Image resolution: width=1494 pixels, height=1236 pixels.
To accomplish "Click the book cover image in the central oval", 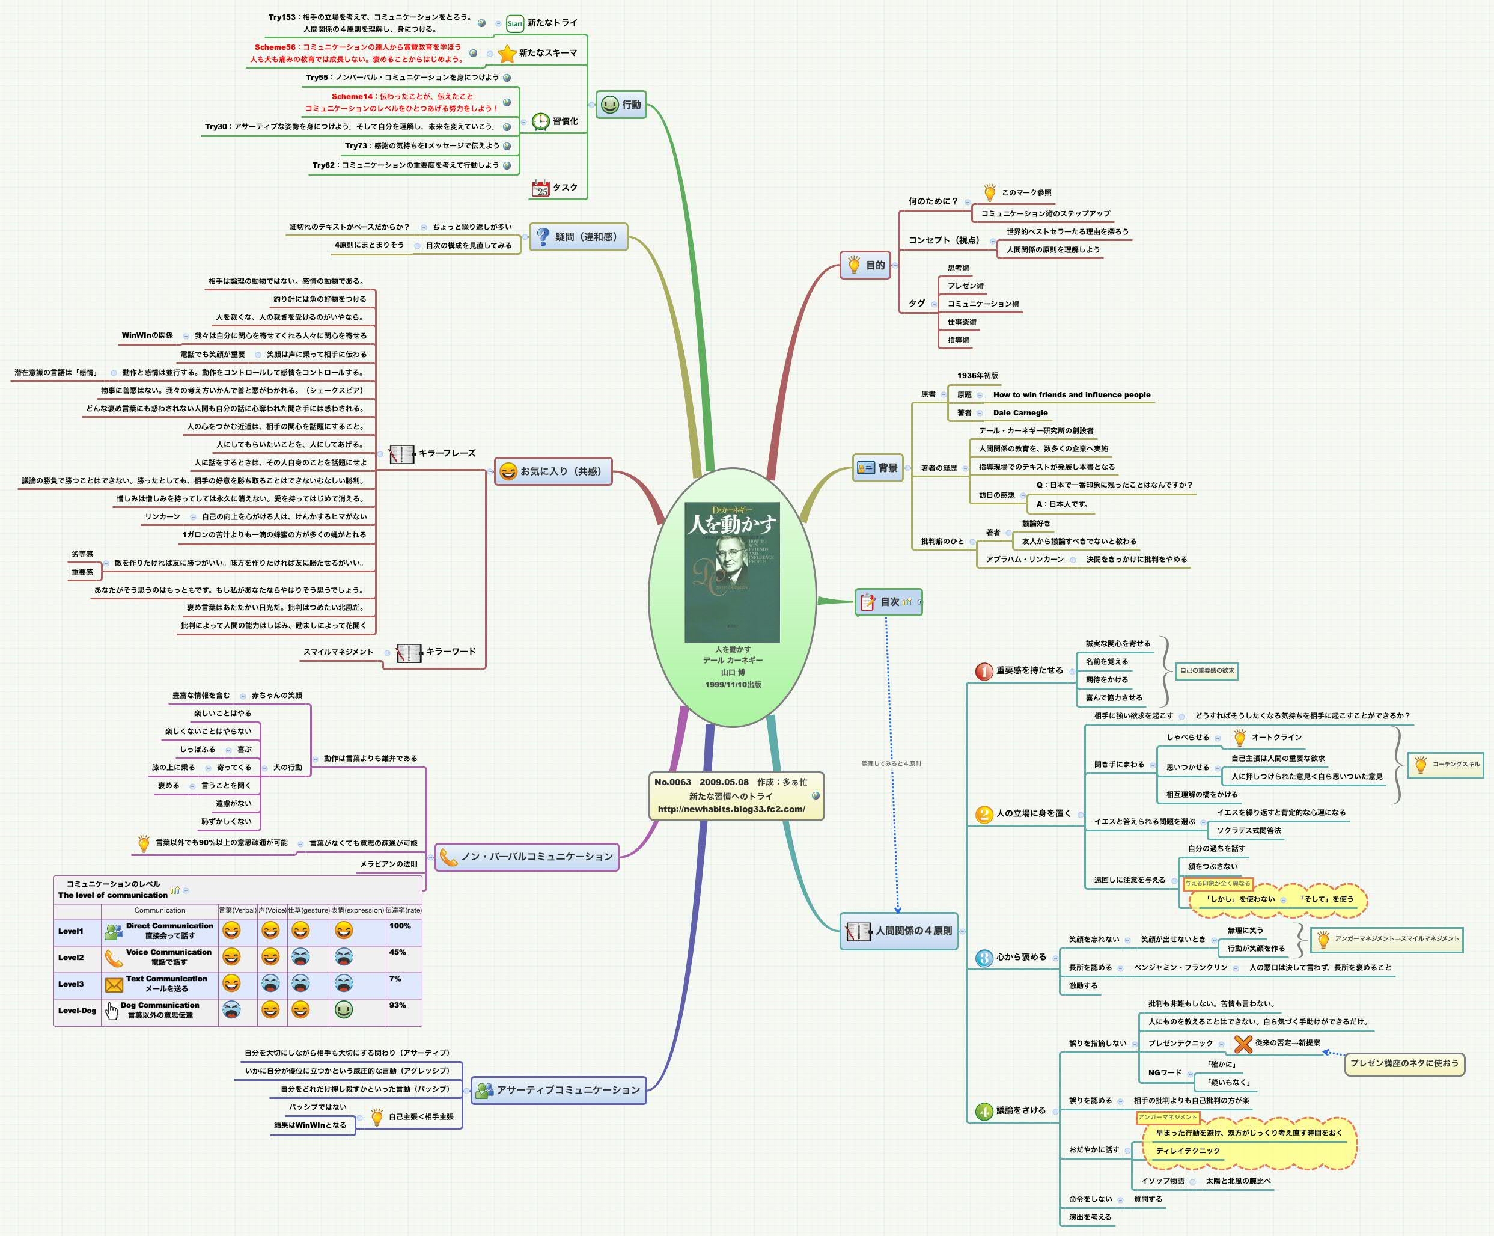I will click(x=732, y=572).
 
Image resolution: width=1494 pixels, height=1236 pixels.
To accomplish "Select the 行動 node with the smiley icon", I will click(x=621, y=105).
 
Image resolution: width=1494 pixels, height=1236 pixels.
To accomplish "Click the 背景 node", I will click(x=879, y=468).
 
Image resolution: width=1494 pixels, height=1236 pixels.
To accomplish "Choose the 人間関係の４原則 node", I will click(x=899, y=931).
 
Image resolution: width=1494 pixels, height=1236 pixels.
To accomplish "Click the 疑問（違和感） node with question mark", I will click(x=578, y=236).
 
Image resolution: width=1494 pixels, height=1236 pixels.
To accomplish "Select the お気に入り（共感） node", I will click(x=553, y=471).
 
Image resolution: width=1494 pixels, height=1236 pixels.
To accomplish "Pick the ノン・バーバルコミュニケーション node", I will click(x=526, y=857).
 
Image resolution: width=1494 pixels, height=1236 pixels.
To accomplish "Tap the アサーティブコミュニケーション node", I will click(x=558, y=1089).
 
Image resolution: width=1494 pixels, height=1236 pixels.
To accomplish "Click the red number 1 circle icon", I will click(x=984, y=671).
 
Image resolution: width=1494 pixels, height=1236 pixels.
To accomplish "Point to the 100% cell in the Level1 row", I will click(x=400, y=926).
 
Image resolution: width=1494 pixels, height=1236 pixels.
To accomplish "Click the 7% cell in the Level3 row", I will click(x=395, y=979).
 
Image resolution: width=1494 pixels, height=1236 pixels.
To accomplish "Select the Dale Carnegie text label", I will click(x=1020, y=413).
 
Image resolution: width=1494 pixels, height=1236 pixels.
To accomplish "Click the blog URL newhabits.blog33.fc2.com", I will click(x=731, y=809).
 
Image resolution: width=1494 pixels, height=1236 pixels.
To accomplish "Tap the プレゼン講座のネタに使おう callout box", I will click(x=1404, y=1063).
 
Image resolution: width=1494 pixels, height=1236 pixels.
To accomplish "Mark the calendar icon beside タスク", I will click(x=541, y=188).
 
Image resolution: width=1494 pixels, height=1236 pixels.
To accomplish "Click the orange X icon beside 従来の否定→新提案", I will click(x=1243, y=1044).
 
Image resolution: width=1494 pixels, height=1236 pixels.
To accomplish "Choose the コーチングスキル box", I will click(x=1446, y=764).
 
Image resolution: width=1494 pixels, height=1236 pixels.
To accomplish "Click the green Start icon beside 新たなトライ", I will click(x=514, y=23).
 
